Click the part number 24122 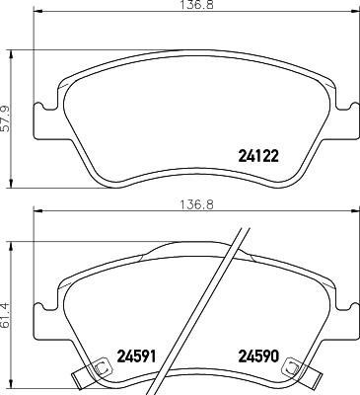tap(259, 154)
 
